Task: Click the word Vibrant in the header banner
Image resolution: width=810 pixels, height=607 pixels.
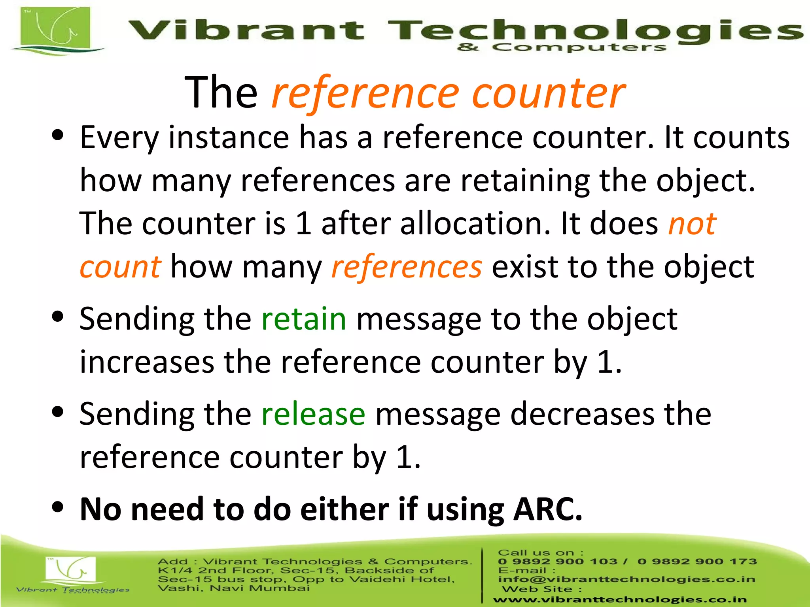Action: (x=245, y=31)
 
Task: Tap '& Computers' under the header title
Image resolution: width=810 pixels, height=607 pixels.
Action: (x=562, y=48)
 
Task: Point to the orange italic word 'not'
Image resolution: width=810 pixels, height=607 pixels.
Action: (x=692, y=224)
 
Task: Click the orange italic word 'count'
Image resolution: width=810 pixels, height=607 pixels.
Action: (x=120, y=267)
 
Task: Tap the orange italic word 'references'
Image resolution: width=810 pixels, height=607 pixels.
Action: (x=407, y=267)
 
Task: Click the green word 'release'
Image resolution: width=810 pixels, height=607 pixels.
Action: (x=313, y=414)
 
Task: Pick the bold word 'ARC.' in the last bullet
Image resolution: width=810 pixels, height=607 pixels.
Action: (x=547, y=509)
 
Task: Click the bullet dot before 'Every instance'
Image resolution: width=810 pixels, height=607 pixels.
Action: (x=58, y=136)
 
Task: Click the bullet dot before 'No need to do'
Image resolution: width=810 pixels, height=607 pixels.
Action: (x=58, y=507)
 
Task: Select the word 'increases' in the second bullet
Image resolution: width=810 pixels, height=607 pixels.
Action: (x=147, y=362)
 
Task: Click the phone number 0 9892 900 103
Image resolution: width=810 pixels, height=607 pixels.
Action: (x=557, y=562)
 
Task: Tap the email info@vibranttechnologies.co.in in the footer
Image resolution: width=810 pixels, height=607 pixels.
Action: (x=626, y=579)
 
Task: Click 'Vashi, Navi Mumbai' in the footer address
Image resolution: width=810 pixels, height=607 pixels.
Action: (x=233, y=588)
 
